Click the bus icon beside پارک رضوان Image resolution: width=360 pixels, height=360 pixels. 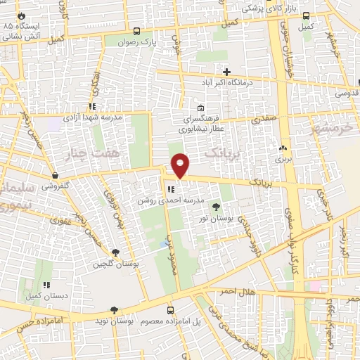pyautogui.click(x=138, y=32)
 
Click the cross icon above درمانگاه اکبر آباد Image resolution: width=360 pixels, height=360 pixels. pyautogui.click(x=226, y=71)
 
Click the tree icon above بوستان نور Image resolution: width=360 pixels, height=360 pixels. pyautogui.click(x=215, y=207)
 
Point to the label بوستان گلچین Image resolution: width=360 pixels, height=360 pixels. pyautogui.click(x=116, y=264)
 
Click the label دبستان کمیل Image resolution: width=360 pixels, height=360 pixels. pyautogui.click(x=45, y=296)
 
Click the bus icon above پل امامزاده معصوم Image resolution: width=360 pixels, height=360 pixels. pyautogui.click(x=170, y=309)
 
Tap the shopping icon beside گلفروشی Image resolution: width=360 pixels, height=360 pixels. pyautogui.click(x=55, y=176)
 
